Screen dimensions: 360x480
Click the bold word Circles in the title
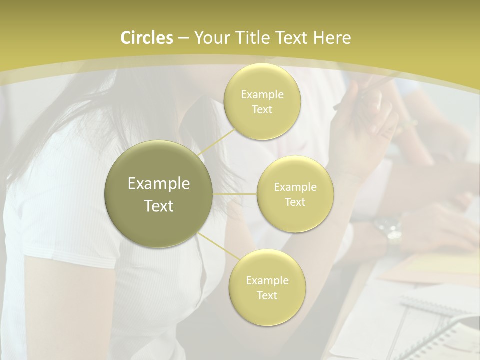point(147,38)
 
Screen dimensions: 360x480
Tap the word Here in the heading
point(332,38)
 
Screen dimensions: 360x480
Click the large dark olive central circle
point(159,194)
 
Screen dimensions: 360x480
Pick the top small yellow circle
point(262,101)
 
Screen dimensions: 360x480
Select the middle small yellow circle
point(295,194)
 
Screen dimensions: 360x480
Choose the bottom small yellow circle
point(267,287)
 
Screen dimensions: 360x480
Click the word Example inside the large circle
point(159,184)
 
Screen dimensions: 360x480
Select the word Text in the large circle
point(159,206)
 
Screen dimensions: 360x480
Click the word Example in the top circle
point(262,94)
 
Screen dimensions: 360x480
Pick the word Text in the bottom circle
point(267,295)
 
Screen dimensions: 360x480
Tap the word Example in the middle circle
point(295,187)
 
